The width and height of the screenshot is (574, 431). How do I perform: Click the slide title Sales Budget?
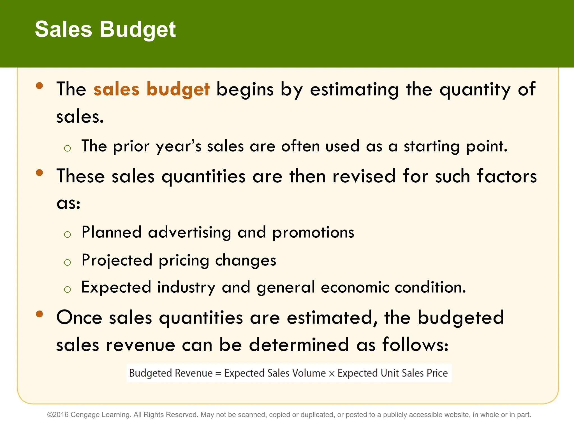tap(105, 29)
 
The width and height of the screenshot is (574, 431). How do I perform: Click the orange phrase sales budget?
tap(151, 89)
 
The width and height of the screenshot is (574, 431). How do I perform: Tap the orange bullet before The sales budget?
tap(40, 85)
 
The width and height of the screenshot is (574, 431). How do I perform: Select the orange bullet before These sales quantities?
tap(40, 172)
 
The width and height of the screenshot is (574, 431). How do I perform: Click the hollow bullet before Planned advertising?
tap(67, 234)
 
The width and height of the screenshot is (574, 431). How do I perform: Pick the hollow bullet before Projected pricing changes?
tap(67, 262)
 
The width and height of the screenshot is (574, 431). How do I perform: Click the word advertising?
tap(189, 232)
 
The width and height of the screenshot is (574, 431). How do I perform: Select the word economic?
tap(355, 287)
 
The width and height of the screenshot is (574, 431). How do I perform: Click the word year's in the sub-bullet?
tap(178, 146)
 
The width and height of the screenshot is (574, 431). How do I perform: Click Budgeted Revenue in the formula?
tap(171, 373)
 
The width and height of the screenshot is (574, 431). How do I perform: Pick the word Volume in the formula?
tap(309, 373)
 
